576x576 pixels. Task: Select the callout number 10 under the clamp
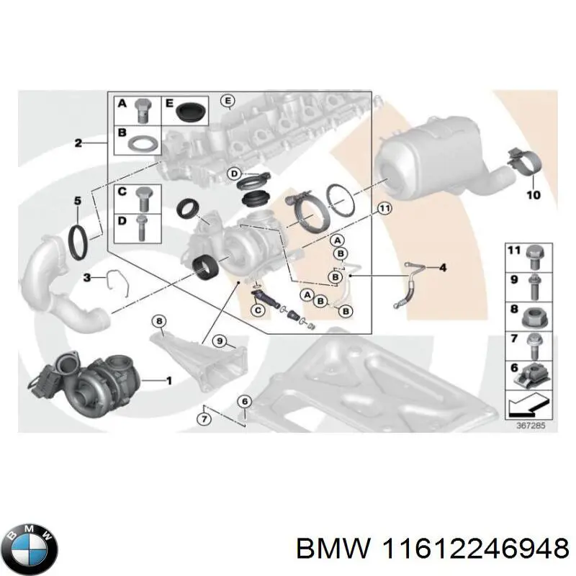(x=534, y=194)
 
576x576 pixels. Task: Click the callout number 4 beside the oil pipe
(x=443, y=269)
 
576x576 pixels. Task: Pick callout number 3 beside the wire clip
(x=86, y=276)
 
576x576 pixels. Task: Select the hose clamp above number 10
(x=523, y=161)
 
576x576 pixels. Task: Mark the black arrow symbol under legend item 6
(x=527, y=408)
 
